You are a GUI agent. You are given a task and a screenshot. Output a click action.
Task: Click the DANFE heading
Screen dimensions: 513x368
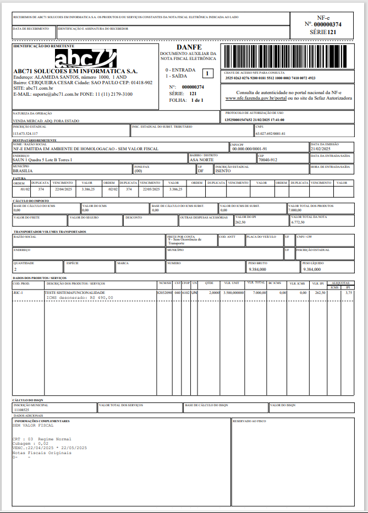point(189,47)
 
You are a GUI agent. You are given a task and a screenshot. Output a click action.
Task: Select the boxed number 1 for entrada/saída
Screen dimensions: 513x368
point(207,73)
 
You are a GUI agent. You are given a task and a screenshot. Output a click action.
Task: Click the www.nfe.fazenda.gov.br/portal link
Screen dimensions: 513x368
point(256,98)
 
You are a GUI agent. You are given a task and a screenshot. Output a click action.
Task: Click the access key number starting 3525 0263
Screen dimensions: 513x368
point(270,78)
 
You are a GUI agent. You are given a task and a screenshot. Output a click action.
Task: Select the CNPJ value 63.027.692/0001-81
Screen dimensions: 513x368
point(271,133)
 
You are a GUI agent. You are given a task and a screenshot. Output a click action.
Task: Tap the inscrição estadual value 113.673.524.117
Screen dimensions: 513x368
point(25,133)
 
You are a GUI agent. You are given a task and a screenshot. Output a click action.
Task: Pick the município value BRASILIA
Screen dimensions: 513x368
point(26,171)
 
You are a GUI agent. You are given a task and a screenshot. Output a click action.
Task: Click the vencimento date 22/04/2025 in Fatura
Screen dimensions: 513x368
point(63,189)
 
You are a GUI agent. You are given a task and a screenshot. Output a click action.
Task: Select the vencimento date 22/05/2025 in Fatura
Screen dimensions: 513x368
point(150,189)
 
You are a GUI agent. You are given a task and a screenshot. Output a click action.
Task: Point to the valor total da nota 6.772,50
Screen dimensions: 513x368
point(313,222)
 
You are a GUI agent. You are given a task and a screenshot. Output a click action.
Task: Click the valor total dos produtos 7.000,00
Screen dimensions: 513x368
point(311,210)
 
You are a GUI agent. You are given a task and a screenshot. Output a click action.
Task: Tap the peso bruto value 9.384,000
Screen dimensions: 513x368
point(258,269)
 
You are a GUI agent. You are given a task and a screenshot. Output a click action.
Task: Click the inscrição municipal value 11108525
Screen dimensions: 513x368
point(21,410)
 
